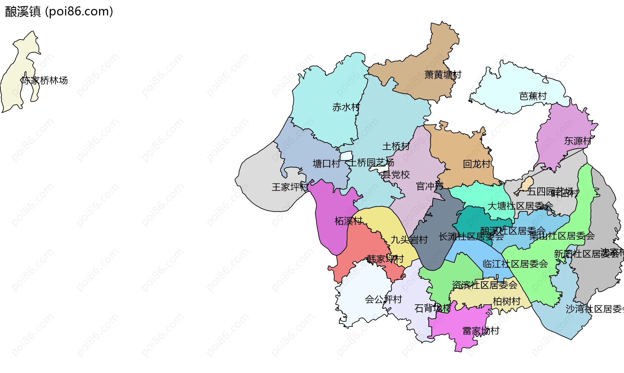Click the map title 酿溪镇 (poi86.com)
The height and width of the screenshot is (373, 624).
pos(59,12)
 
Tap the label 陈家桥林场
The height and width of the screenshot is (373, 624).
pos(45,80)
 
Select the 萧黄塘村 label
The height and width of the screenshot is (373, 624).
pos(443,75)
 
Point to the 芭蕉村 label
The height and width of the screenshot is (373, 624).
pos(533,96)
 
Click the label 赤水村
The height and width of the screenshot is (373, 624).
pos(346,107)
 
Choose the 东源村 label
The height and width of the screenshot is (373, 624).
pos(578,141)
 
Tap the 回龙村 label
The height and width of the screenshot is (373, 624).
pos(476,164)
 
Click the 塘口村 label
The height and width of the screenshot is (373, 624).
pos(326,164)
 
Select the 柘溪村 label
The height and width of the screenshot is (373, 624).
pos(348,221)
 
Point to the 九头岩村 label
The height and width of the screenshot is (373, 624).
pos(409,240)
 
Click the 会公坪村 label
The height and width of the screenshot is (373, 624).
pos(383,299)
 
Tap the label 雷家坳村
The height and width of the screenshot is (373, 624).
pos(481,331)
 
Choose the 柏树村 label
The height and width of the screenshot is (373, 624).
pos(506,301)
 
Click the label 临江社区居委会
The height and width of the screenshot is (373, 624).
pos(515,264)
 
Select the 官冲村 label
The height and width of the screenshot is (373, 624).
pos(430,186)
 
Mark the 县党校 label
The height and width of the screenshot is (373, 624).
pos(396,175)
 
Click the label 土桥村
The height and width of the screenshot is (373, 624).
pos(396,146)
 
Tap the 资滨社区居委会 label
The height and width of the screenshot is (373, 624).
pos(485,285)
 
